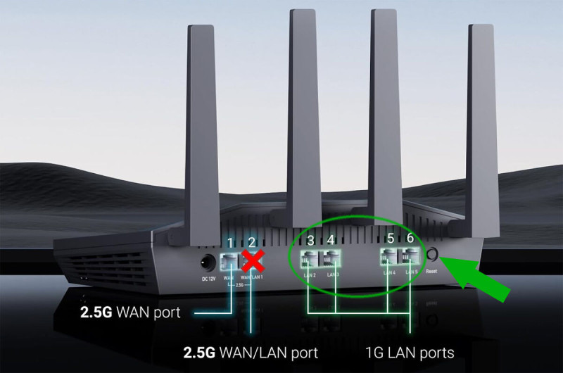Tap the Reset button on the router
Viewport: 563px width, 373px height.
(431, 254)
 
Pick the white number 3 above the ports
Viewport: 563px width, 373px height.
(310, 241)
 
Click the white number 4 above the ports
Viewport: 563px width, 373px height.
(331, 241)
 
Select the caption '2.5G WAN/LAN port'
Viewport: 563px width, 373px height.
(251, 351)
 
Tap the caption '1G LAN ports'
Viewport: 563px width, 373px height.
(410, 351)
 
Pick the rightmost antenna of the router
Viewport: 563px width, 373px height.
(480, 127)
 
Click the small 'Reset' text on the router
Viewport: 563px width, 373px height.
(431, 270)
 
